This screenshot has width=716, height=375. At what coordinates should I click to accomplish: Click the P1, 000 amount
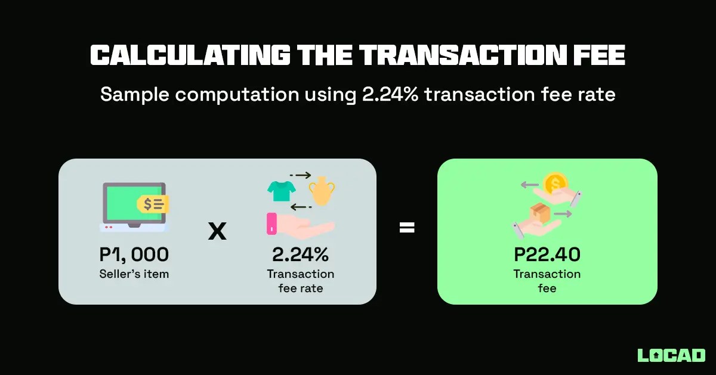(x=134, y=255)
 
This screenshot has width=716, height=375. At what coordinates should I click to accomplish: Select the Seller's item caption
(x=134, y=274)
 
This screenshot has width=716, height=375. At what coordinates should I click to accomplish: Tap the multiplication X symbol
(x=217, y=231)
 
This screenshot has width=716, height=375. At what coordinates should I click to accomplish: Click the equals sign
(x=407, y=227)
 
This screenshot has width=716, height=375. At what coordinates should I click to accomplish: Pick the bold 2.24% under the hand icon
(x=300, y=255)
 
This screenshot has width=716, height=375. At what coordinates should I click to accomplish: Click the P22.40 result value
(x=547, y=255)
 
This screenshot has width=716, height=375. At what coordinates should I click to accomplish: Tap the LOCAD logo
(x=671, y=355)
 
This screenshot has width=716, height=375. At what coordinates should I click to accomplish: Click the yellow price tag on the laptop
(x=153, y=204)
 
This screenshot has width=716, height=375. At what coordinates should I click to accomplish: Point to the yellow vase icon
(x=322, y=190)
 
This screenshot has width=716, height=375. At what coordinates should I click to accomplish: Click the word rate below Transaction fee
(x=312, y=289)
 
